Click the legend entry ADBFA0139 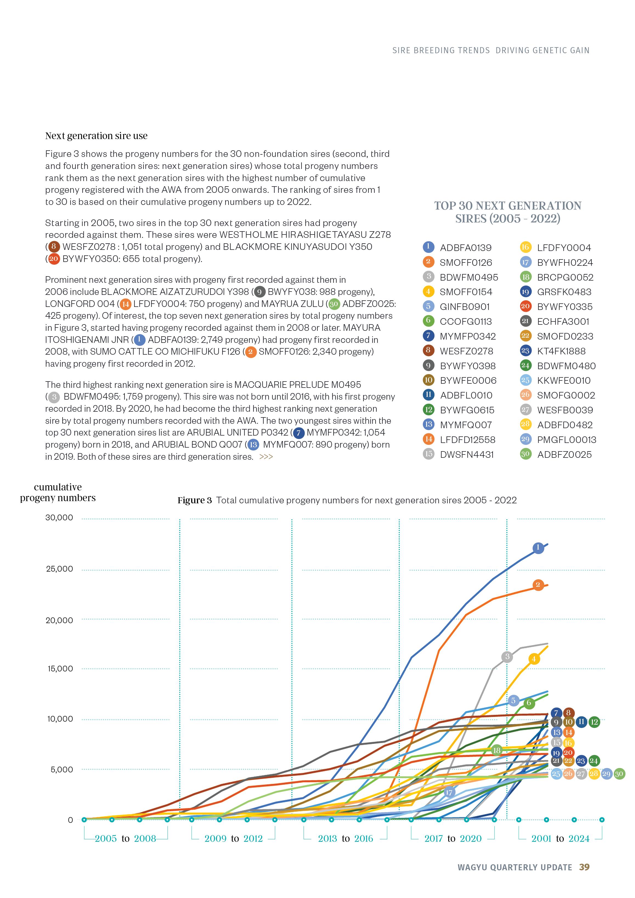point(465,248)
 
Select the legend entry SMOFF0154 point(465,292)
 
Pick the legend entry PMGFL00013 point(566,440)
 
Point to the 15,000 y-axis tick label point(60,668)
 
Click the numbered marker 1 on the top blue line point(538,547)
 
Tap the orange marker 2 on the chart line point(538,585)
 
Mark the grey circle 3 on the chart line point(507,657)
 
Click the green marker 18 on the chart point(496,750)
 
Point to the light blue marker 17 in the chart point(449,793)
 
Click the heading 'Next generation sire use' point(96,136)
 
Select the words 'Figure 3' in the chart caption point(194,500)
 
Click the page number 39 point(584,867)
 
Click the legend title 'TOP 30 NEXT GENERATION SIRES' point(507,212)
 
